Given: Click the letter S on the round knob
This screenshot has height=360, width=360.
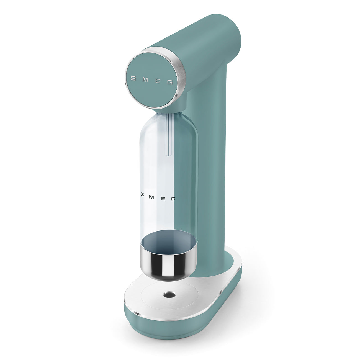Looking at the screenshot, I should (x=133, y=78).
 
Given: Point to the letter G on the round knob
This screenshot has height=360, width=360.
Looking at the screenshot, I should (x=170, y=82).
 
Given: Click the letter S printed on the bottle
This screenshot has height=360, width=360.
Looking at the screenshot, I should (x=142, y=194).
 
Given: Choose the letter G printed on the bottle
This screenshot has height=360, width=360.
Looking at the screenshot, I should (x=173, y=199).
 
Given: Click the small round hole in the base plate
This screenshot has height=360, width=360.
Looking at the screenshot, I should (x=168, y=295).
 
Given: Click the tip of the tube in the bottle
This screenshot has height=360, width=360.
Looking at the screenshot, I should (x=168, y=154).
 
